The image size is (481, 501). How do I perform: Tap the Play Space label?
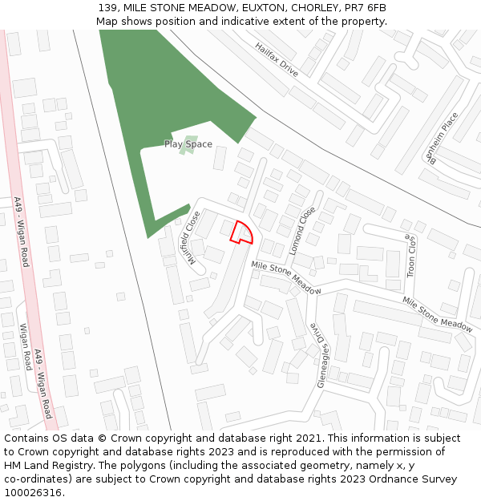point(188,144)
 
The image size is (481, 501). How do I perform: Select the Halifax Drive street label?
point(277,60)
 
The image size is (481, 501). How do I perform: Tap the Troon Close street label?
point(410,256)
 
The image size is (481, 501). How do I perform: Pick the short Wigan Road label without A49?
point(26,346)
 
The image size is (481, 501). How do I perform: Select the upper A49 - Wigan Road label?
point(21,232)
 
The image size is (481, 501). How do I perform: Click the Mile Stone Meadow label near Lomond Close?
point(285,277)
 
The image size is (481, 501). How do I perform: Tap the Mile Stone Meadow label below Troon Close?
point(437,313)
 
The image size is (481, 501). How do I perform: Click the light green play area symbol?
point(188,145)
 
